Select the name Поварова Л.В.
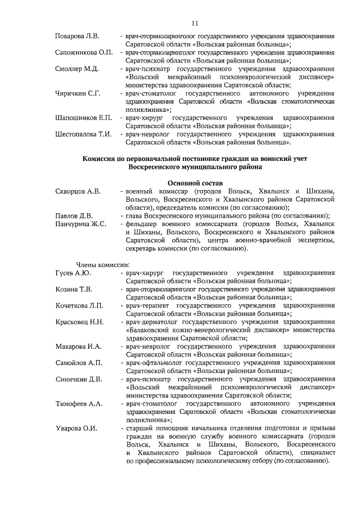(x=77, y=37)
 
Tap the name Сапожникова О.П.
(x=84, y=53)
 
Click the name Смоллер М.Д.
(x=77, y=69)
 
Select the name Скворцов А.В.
(x=78, y=191)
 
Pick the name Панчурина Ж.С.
(x=81, y=224)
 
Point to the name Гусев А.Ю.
(x=73, y=273)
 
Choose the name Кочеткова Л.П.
(x=79, y=305)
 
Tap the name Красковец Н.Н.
(x=79, y=322)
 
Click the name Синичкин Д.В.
(x=79, y=379)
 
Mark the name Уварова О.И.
(x=76, y=429)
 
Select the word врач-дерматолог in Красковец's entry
(x=151, y=322)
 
